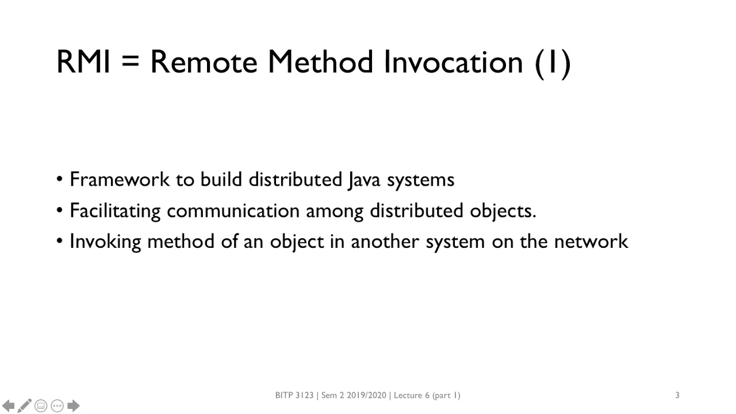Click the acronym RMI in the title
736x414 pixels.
point(83,62)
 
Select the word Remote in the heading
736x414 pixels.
point(203,62)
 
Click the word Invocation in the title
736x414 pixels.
point(453,62)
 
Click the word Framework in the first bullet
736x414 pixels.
point(120,179)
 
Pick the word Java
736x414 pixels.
point(363,180)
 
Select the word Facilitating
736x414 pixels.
point(115,211)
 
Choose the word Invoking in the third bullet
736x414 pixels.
point(105,241)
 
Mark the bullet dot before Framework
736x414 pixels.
point(60,179)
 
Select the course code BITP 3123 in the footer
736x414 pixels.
point(294,395)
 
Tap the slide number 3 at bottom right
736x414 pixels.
point(677,395)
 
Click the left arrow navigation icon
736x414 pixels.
point(9,406)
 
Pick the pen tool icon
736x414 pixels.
point(24,406)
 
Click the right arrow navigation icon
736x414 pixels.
point(73,406)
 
